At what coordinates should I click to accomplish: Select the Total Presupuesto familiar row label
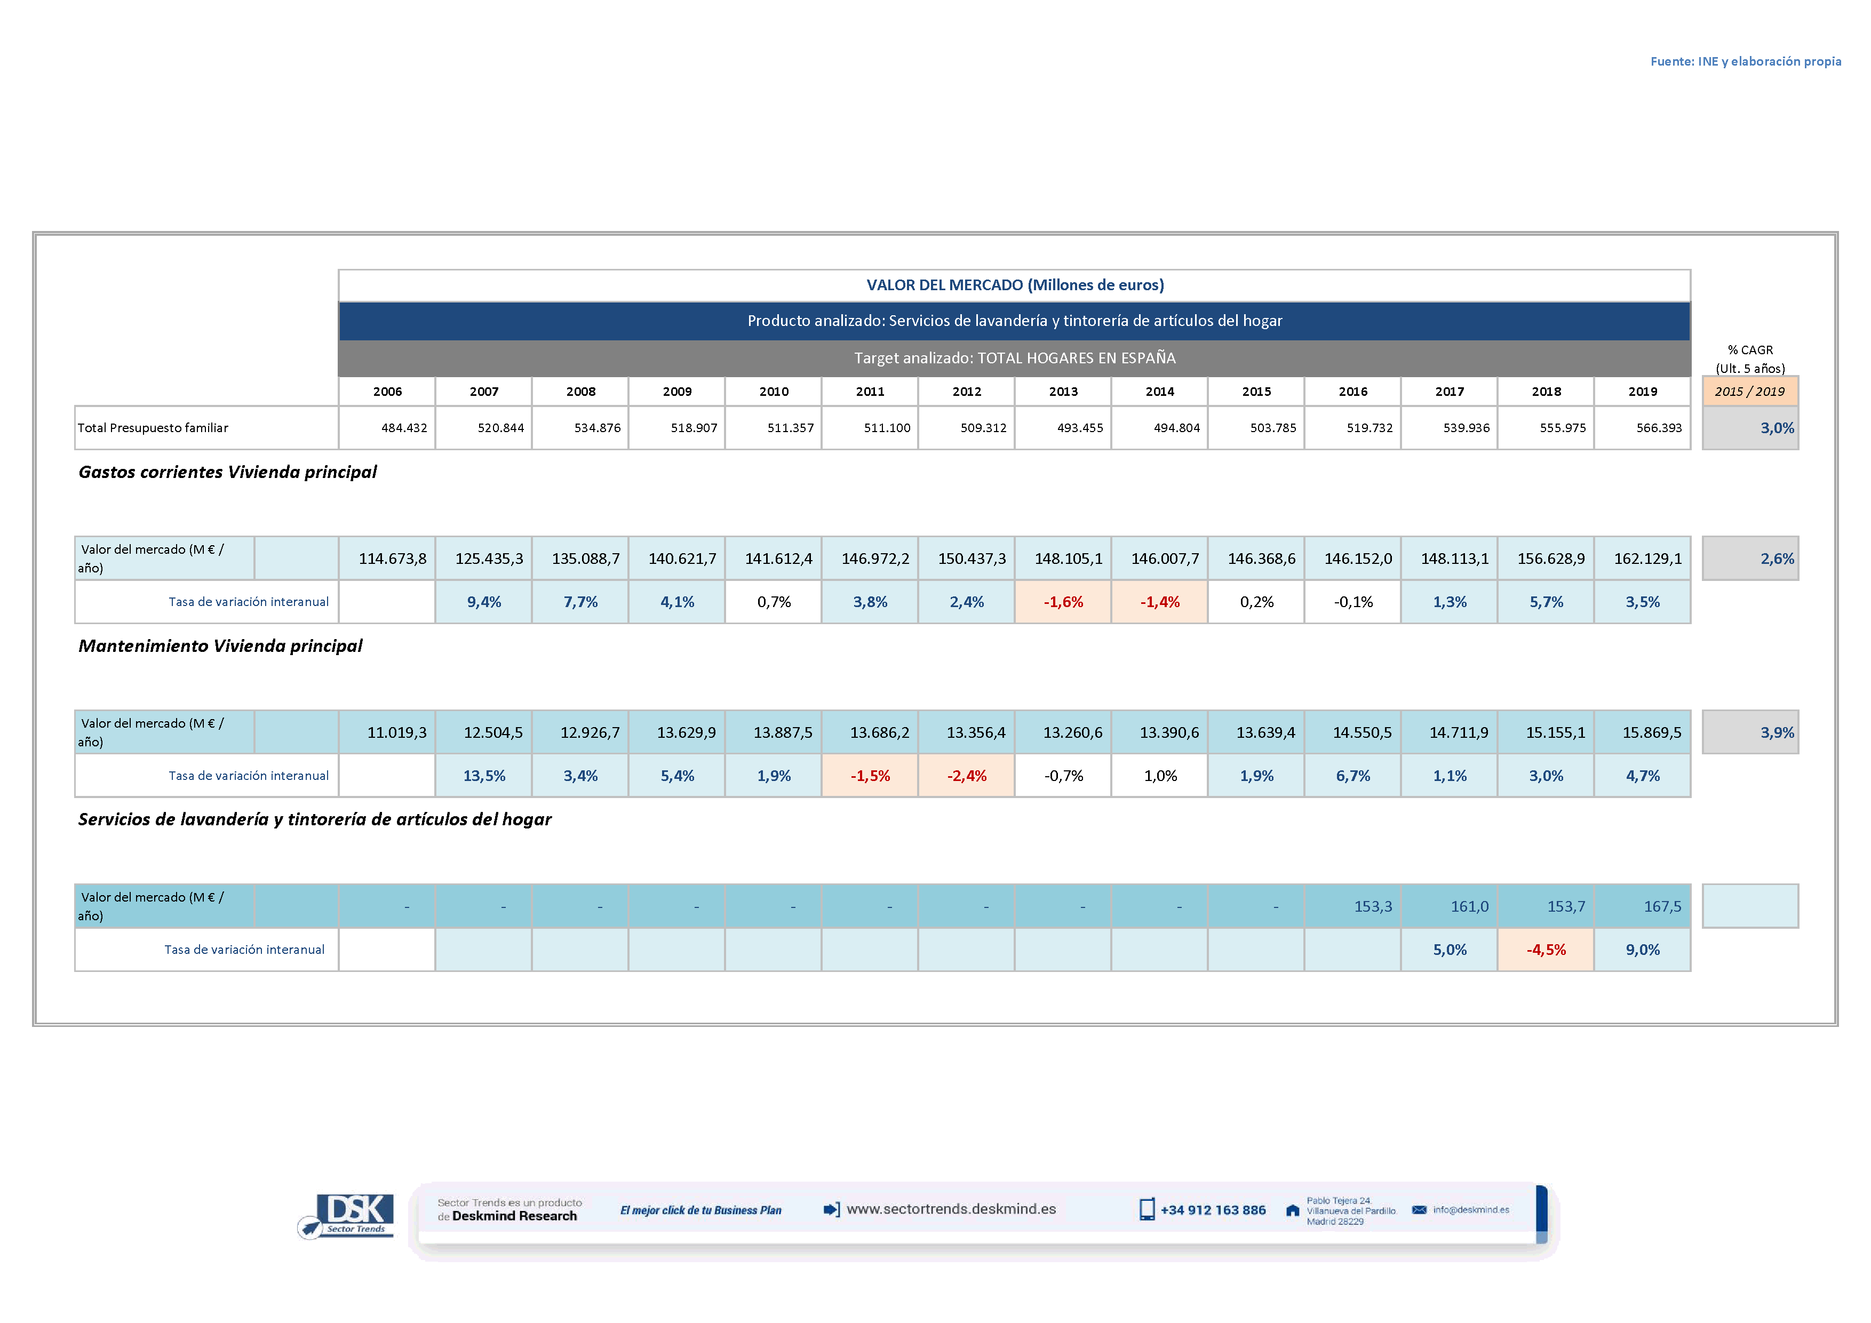click(x=153, y=428)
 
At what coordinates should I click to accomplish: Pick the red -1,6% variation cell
click(x=1063, y=602)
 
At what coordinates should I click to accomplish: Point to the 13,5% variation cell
click(x=484, y=776)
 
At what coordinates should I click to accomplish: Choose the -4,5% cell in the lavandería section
click(x=1546, y=950)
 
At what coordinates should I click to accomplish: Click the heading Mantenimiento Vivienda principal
click(x=220, y=646)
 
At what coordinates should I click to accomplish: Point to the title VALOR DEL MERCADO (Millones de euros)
click(x=1015, y=285)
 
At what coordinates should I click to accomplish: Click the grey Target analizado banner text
click(x=1015, y=357)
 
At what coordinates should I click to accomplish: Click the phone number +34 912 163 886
click(x=1213, y=1210)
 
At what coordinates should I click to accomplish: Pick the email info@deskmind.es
click(x=1470, y=1210)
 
